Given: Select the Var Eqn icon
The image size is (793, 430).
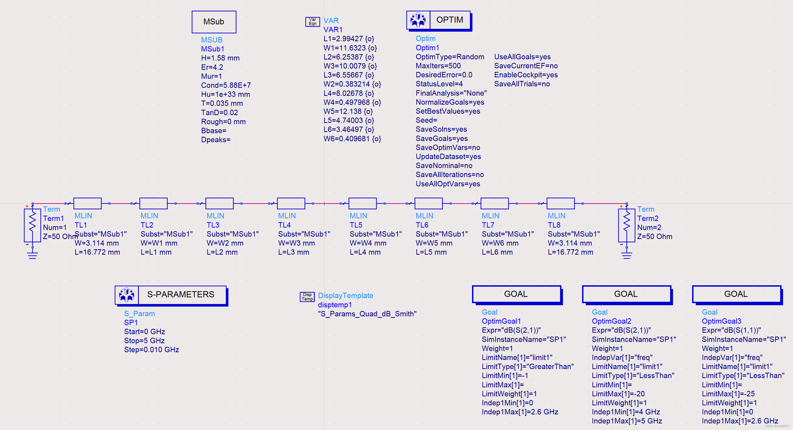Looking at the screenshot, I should point(312,21).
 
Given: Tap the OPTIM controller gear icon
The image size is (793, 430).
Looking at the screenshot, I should point(418,20).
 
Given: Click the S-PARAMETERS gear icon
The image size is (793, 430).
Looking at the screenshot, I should point(126,295).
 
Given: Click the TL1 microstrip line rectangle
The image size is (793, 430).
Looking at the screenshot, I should point(87,203).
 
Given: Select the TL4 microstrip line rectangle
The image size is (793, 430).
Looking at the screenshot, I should point(291,203).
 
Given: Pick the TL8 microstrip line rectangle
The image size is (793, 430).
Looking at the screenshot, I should point(561,203).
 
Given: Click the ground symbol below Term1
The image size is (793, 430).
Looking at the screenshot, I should point(32,255).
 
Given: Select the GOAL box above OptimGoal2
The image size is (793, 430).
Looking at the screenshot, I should point(626,294).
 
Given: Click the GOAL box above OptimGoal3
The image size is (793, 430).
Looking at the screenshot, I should point(736,294).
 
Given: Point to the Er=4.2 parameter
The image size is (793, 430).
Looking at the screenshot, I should point(212,67).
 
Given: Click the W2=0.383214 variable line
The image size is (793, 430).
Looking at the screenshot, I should point(352,84).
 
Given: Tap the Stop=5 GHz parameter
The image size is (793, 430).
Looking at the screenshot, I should point(144,340).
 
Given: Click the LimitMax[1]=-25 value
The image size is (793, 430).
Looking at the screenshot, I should point(728,394).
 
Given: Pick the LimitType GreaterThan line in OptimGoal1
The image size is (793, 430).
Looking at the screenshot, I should point(528,367).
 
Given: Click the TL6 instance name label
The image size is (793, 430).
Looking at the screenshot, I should point(422,225).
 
